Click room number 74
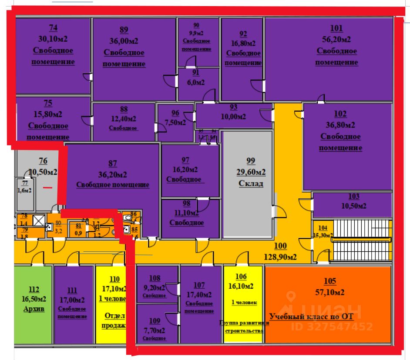53,28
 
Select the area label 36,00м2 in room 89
124,41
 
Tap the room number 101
336,29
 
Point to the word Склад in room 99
251,183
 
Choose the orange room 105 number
330,281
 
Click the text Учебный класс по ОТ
311,316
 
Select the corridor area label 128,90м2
281,257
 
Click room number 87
113,163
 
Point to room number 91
196,73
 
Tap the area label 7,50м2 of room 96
175,123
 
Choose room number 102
340,114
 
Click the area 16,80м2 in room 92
243,43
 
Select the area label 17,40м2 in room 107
199,294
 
